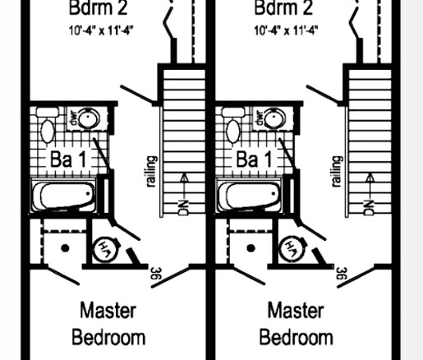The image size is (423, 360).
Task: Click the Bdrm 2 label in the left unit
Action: [x=98, y=7]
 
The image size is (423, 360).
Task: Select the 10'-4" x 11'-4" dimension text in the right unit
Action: [x=286, y=30]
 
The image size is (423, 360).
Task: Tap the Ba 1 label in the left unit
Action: [x=68, y=159]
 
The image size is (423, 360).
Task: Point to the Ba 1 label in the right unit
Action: [x=254, y=159]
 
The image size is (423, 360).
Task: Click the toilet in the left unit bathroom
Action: [x=48, y=125]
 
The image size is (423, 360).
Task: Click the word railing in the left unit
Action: [x=152, y=172]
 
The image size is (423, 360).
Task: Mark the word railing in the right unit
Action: [x=337, y=172]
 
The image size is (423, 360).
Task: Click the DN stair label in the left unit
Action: [x=183, y=208]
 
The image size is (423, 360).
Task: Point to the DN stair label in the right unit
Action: [x=369, y=208]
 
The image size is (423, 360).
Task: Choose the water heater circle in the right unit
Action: [x=292, y=249]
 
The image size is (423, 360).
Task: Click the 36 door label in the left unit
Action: [x=156, y=274]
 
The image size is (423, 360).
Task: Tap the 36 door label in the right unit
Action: [x=342, y=274]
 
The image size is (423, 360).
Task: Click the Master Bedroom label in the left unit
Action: [x=108, y=324]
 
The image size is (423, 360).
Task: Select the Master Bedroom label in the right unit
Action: [x=296, y=324]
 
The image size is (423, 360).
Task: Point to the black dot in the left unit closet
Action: [x=65, y=248]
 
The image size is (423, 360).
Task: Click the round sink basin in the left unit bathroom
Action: [x=89, y=118]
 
